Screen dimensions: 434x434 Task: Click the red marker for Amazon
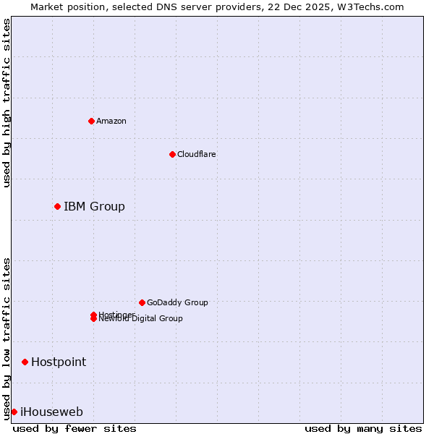(x=91, y=121)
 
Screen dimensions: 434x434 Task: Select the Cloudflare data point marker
(x=172, y=154)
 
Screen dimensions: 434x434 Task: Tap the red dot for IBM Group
(x=57, y=207)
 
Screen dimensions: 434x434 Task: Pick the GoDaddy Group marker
(x=142, y=302)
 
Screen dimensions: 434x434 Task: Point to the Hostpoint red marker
(x=25, y=362)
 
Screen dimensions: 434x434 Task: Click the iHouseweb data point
(x=14, y=412)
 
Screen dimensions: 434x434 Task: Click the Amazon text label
(x=111, y=121)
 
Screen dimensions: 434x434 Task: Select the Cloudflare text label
(x=196, y=154)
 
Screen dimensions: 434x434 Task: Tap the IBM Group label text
(x=94, y=207)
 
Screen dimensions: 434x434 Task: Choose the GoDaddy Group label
(x=177, y=302)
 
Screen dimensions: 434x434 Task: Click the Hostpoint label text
(x=59, y=362)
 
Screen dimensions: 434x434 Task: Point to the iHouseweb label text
(x=51, y=412)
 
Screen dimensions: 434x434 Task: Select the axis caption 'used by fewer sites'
(x=75, y=428)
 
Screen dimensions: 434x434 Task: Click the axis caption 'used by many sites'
(x=363, y=428)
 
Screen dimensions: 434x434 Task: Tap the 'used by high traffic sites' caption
(x=7, y=103)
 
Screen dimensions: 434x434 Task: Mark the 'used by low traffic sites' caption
(x=7, y=338)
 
